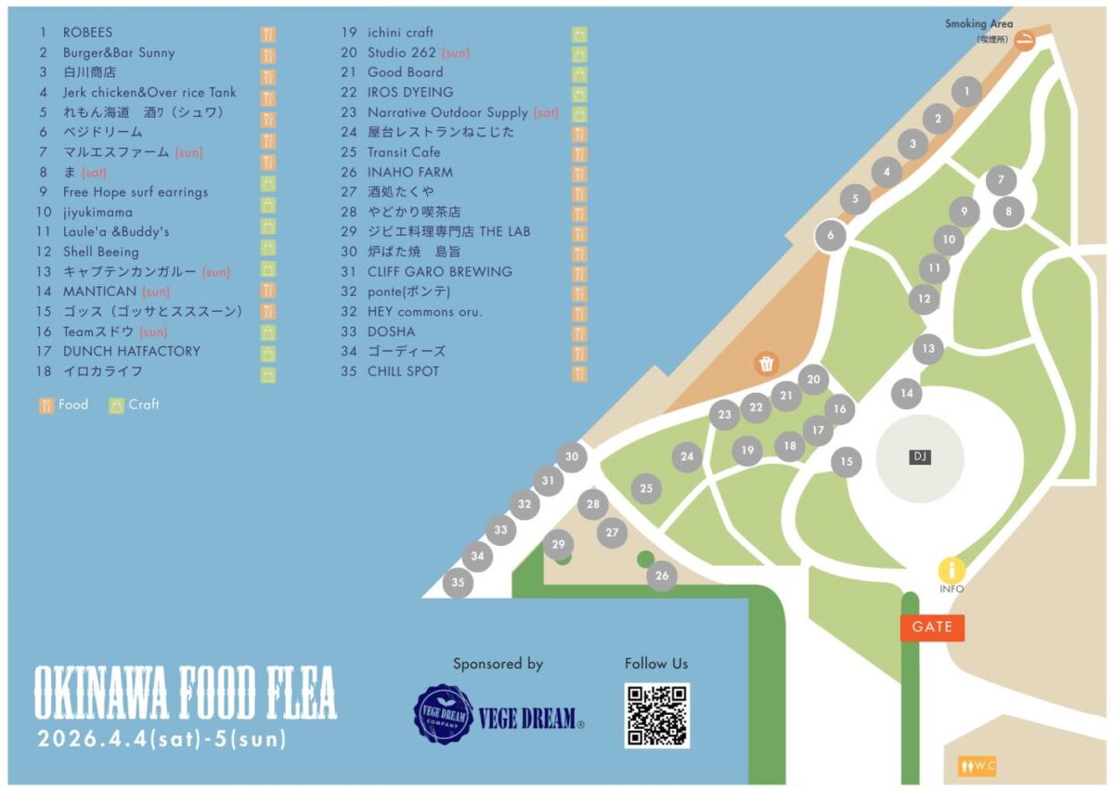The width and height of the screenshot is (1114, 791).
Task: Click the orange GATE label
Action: tap(932, 628)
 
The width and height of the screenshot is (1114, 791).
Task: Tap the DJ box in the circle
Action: tap(920, 457)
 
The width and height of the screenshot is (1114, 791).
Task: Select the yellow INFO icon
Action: tap(952, 570)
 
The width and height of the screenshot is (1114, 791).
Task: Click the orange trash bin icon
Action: tap(767, 364)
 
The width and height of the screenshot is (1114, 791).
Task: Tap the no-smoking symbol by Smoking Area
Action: tap(1025, 40)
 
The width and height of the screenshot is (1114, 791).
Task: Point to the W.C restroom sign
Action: tap(978, 767)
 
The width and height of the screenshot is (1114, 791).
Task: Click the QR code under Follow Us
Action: tap(656, 716)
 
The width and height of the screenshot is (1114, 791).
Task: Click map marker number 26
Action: tap(662, 576)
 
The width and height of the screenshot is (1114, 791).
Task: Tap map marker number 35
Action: tap(458, 583)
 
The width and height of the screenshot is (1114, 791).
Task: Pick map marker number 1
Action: tap(967, 91)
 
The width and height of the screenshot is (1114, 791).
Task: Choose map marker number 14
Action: tap(907, 394)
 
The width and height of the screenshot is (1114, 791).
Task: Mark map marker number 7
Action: tap(1001, 180)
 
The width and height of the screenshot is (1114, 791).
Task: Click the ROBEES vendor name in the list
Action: tap(87, 32)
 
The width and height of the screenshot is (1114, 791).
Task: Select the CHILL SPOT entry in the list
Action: tap(403, 371)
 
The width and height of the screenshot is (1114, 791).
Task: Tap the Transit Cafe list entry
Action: tap(404, 152)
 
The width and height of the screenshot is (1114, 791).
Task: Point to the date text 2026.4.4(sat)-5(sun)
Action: tap(162, 741)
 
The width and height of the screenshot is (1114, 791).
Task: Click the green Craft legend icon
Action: tap(117, 405)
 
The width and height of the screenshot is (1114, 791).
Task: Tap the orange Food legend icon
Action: tap(46, 405)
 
